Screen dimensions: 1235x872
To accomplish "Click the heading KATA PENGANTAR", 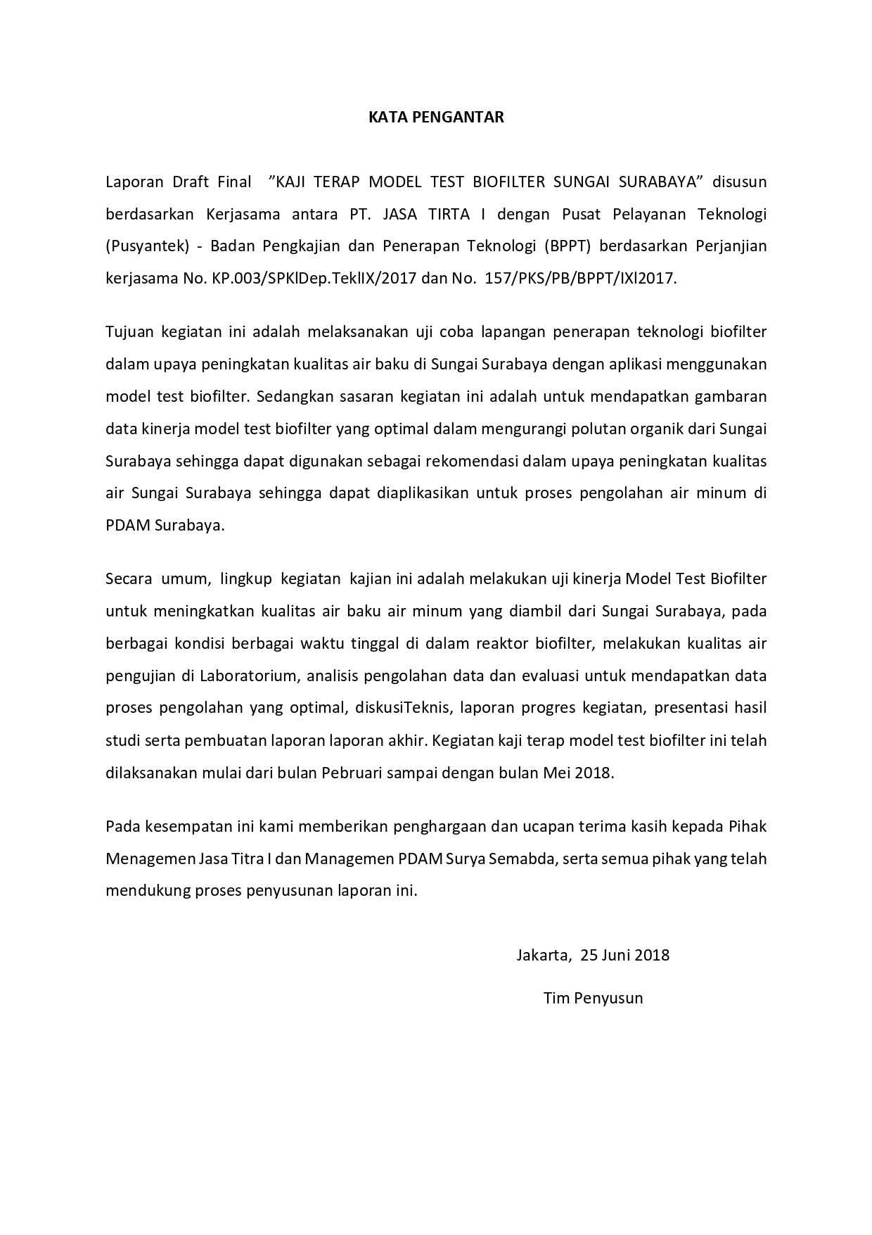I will [436, 118].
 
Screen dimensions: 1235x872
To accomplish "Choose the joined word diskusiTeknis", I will [395, 708].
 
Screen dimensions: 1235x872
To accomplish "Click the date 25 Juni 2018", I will [625, 955].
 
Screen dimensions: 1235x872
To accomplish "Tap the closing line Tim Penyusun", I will [593, 998].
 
